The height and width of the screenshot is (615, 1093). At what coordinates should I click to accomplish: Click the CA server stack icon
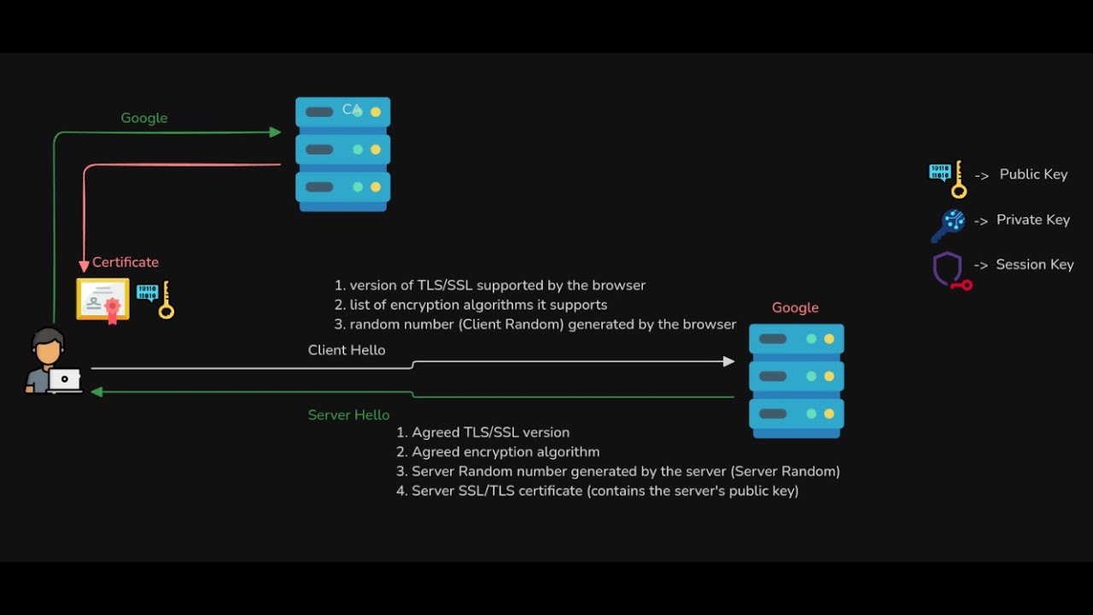342,154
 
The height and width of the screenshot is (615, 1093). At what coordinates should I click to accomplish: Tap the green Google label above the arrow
143,118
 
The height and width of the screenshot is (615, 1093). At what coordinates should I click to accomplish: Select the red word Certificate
126,262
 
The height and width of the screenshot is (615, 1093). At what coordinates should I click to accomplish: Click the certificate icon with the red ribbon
103,300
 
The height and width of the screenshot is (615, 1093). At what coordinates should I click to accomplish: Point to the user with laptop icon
51,363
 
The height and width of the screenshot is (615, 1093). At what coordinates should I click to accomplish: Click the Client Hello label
347,350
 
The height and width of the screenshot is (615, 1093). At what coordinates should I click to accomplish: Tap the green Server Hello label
348,415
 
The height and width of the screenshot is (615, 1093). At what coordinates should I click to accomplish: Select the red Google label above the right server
795,307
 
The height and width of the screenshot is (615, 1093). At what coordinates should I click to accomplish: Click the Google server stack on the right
796,380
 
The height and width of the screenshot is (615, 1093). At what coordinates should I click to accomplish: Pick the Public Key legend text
1033,174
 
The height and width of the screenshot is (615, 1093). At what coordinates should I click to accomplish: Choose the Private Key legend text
1033,220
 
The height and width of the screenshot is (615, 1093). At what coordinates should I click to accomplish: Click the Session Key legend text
1034,265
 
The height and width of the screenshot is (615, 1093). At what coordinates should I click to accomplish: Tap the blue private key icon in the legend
948,225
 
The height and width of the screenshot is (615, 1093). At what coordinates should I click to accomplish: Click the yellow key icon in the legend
948,178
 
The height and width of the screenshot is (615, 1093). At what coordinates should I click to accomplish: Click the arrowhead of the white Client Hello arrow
728,361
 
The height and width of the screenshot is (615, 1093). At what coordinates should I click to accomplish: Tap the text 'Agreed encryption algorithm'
506,452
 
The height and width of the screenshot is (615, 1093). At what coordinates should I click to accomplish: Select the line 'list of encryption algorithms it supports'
478,305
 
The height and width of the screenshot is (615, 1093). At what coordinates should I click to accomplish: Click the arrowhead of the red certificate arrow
84,266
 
